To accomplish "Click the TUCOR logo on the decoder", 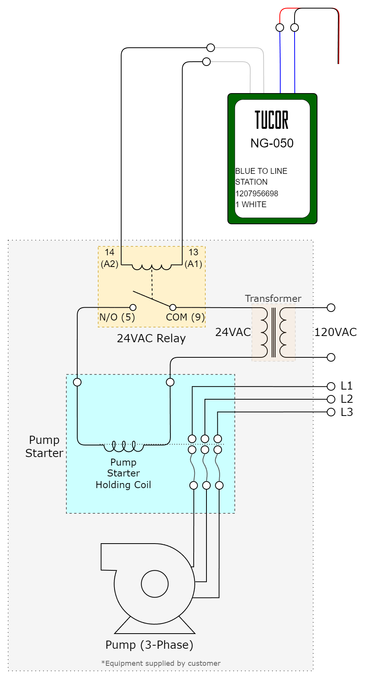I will tap(272, 120).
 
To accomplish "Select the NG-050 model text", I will tap(272, 143).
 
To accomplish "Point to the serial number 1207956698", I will tap(257, 193).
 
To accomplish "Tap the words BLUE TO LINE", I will tap(261, 171).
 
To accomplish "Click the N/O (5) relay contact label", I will tap(117, 317).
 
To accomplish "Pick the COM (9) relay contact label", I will tap(185, 317).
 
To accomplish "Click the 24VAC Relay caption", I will tap(151, 338).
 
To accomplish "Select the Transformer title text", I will tap(273, 298).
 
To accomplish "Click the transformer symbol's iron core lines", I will tap(274, 333).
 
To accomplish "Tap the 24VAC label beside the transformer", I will tap(233, 332).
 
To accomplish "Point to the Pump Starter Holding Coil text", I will tap(123, 473).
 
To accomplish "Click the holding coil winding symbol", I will tap(124, 447).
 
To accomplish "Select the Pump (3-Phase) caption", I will tap(149, 645).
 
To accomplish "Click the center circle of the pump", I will tap(154, 584).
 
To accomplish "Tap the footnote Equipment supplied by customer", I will tap(161, 663).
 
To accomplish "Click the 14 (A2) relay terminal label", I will tap(109, 258).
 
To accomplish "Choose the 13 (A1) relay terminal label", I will tap(193, 258).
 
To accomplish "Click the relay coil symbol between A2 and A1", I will tap(151, 267).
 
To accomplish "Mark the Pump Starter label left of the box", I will tap(44, 447).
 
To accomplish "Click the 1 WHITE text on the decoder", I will tap(251, 204).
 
